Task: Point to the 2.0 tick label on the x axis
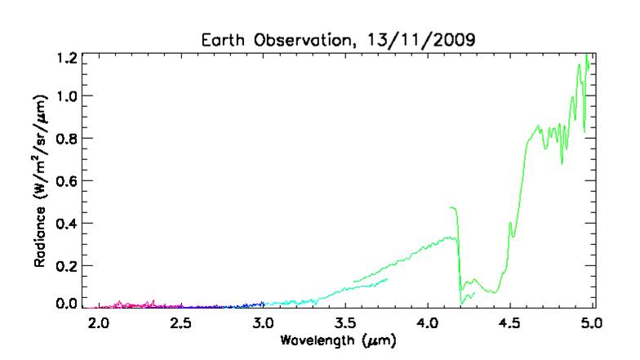click(x=98, y=322)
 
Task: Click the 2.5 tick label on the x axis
click(x=180, y=322)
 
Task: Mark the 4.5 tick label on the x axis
click(x=509, y=322)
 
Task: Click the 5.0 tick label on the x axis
click(x=590, y=322)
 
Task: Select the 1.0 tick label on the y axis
click(x=68, y=96)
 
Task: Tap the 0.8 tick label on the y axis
click(x=68, y=139)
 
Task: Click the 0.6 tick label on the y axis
click(x=68, y=181)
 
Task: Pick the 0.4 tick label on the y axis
click(x=68, y=223)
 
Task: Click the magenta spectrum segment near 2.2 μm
click(x=131, y=305)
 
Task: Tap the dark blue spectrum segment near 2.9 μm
click(x=245, y=305)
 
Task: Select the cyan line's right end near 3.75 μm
click(x=386, y=279)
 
